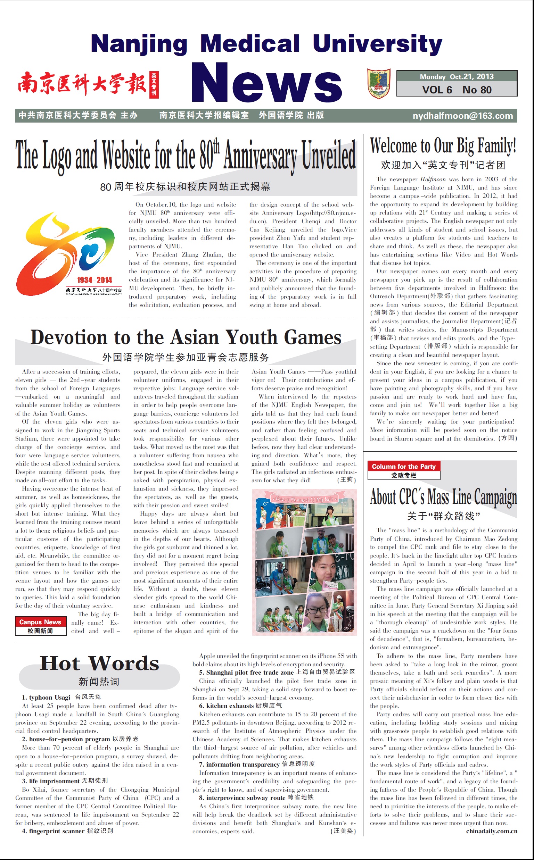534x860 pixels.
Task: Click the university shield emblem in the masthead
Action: pos(378,84)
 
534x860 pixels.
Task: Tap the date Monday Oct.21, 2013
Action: pos(456,77)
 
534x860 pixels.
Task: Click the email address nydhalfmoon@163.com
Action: pos(462,116)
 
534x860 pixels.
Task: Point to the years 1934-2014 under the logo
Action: pos(94,280)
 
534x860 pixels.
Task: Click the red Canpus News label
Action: pos(40,622)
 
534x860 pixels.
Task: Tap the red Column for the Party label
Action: pos(403,466)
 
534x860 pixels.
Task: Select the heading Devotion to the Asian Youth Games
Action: pos(186,337)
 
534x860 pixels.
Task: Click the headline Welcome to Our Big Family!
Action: pos(443,146)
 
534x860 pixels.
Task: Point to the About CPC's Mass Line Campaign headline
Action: pos(443,497)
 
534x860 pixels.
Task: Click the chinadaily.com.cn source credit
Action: pos(491,831)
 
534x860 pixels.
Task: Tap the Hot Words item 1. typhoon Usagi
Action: pos(46,697)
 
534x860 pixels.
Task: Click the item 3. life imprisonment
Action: pos(50,781)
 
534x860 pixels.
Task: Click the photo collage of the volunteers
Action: pos(304,562)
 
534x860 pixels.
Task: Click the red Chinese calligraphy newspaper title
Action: pos(82,84)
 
